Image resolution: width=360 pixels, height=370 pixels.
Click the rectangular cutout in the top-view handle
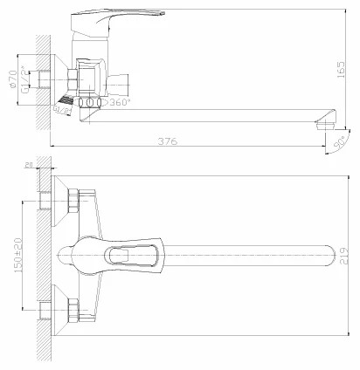[x=127, y=255]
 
